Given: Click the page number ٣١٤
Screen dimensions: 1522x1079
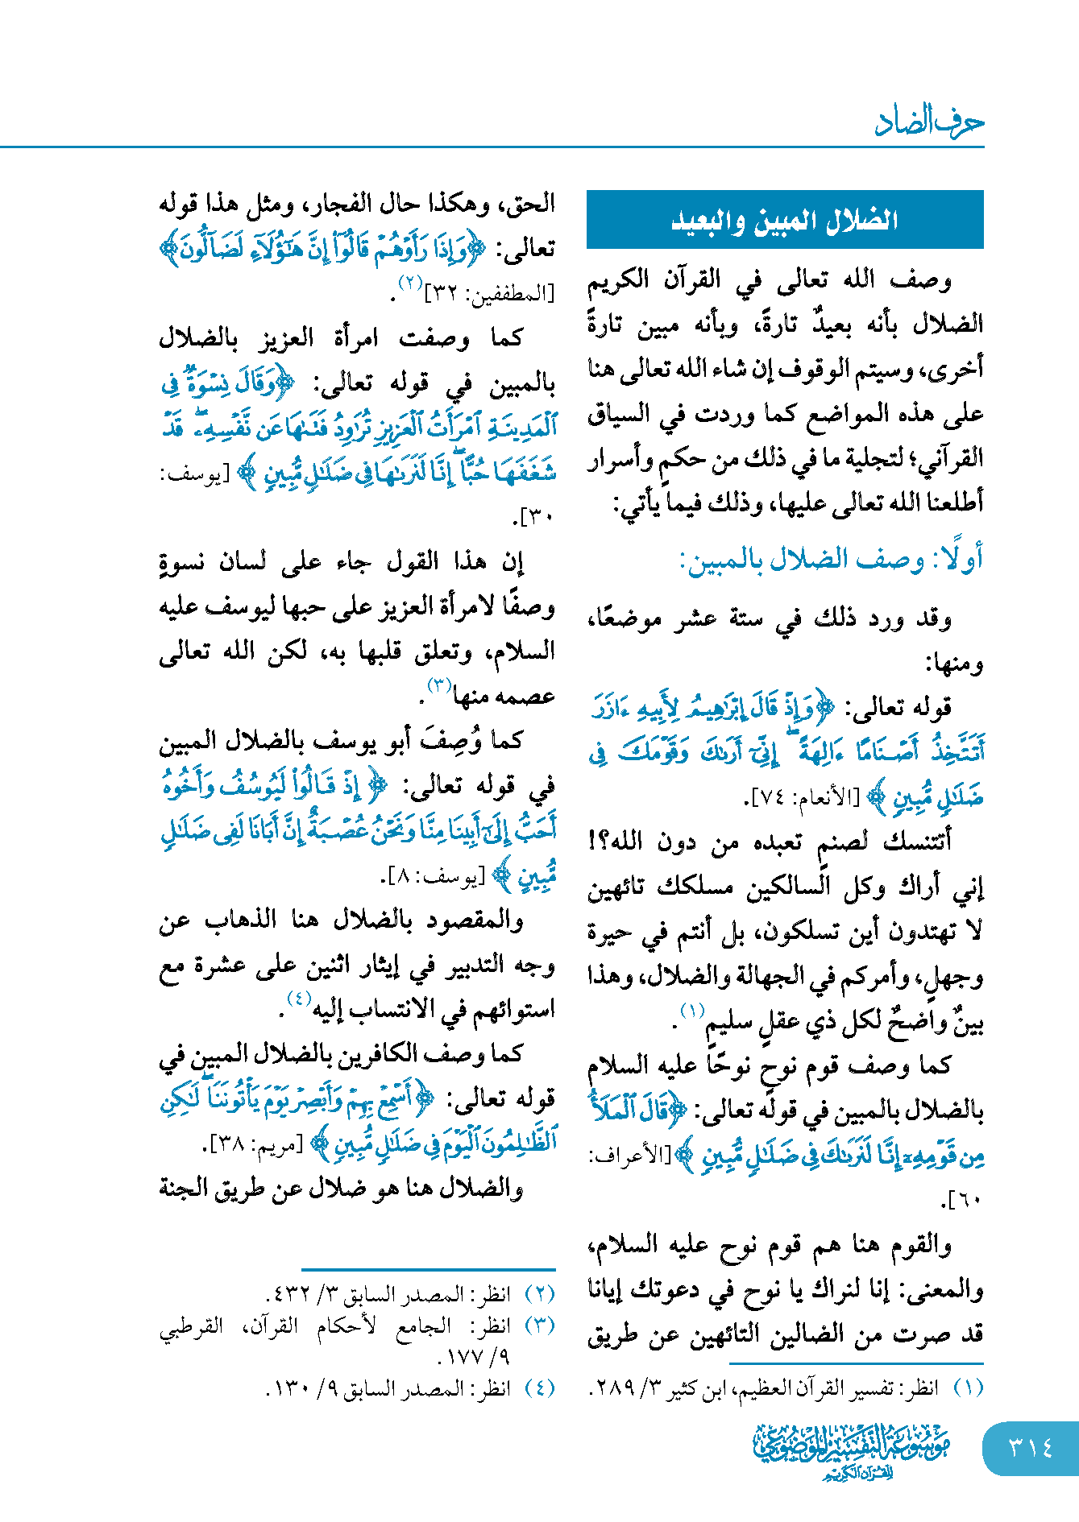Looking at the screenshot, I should (x=1030, y=1447).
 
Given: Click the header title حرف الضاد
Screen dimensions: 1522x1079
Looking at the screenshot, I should (x=929, y=122).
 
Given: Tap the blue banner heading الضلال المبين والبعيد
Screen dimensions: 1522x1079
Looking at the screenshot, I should (x=785, y=220).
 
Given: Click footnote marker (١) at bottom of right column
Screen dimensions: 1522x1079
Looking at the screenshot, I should (x=968, y=1388).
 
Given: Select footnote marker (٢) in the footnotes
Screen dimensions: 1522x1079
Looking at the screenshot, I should (x=539, y=1294).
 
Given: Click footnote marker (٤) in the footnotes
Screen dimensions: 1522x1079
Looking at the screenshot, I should (x=539, y=1388).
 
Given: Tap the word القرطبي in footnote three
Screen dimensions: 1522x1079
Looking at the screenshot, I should (x=191, y=1326).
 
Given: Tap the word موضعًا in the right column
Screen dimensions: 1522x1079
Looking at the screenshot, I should (x=628, y=618).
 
